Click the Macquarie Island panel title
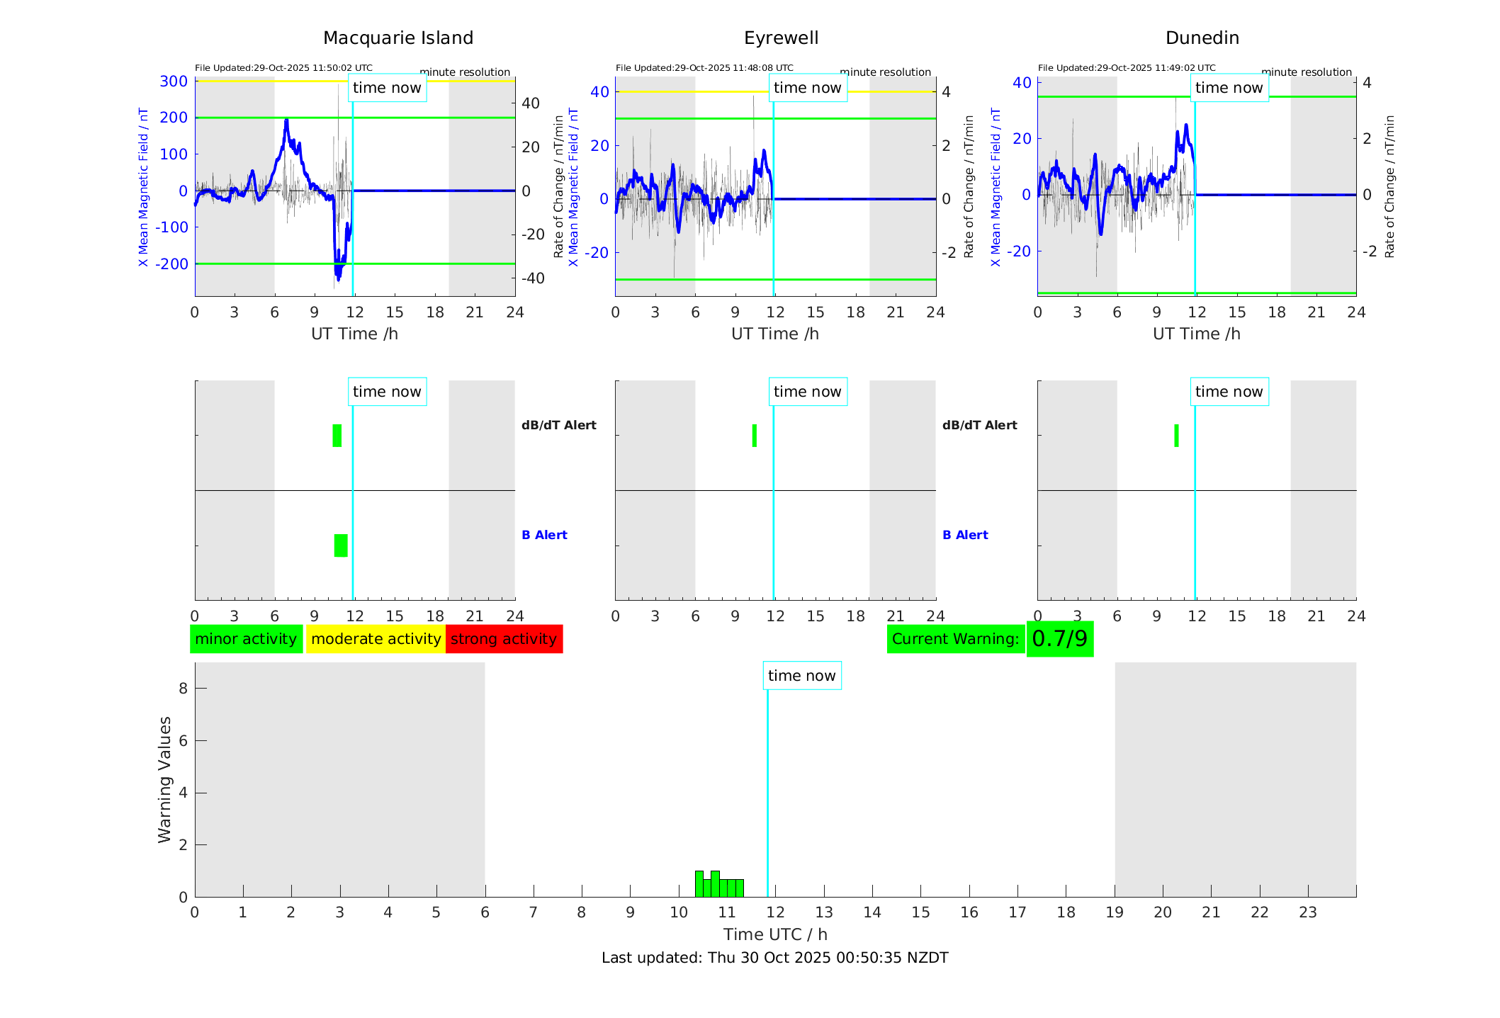tap(398, 38)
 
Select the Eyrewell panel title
tap(781, 38)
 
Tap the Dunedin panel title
tap(1202, 38)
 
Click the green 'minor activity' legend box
tap(246, 639)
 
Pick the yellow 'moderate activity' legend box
tap(376, 639)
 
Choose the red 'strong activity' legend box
tap(504, 639)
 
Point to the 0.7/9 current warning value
tap(1059, 639)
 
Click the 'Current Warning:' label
tap(955, 639)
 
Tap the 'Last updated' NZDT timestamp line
tap(774, 958)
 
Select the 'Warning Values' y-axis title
tap(165, 779)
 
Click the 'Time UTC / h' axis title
tap(775, 934)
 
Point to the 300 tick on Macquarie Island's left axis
tap(174, 81)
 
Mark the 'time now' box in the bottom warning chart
tap(801, 676)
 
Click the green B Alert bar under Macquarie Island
tap(341, 545)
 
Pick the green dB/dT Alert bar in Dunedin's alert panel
tap(1176, 436)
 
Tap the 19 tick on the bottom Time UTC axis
tap(1115, 912)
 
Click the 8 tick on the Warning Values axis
tap(183, 689)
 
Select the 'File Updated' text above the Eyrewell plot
tap(704, 68)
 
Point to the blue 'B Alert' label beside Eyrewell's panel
tap(965, 535)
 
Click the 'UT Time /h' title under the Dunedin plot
tap(1196, 334)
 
